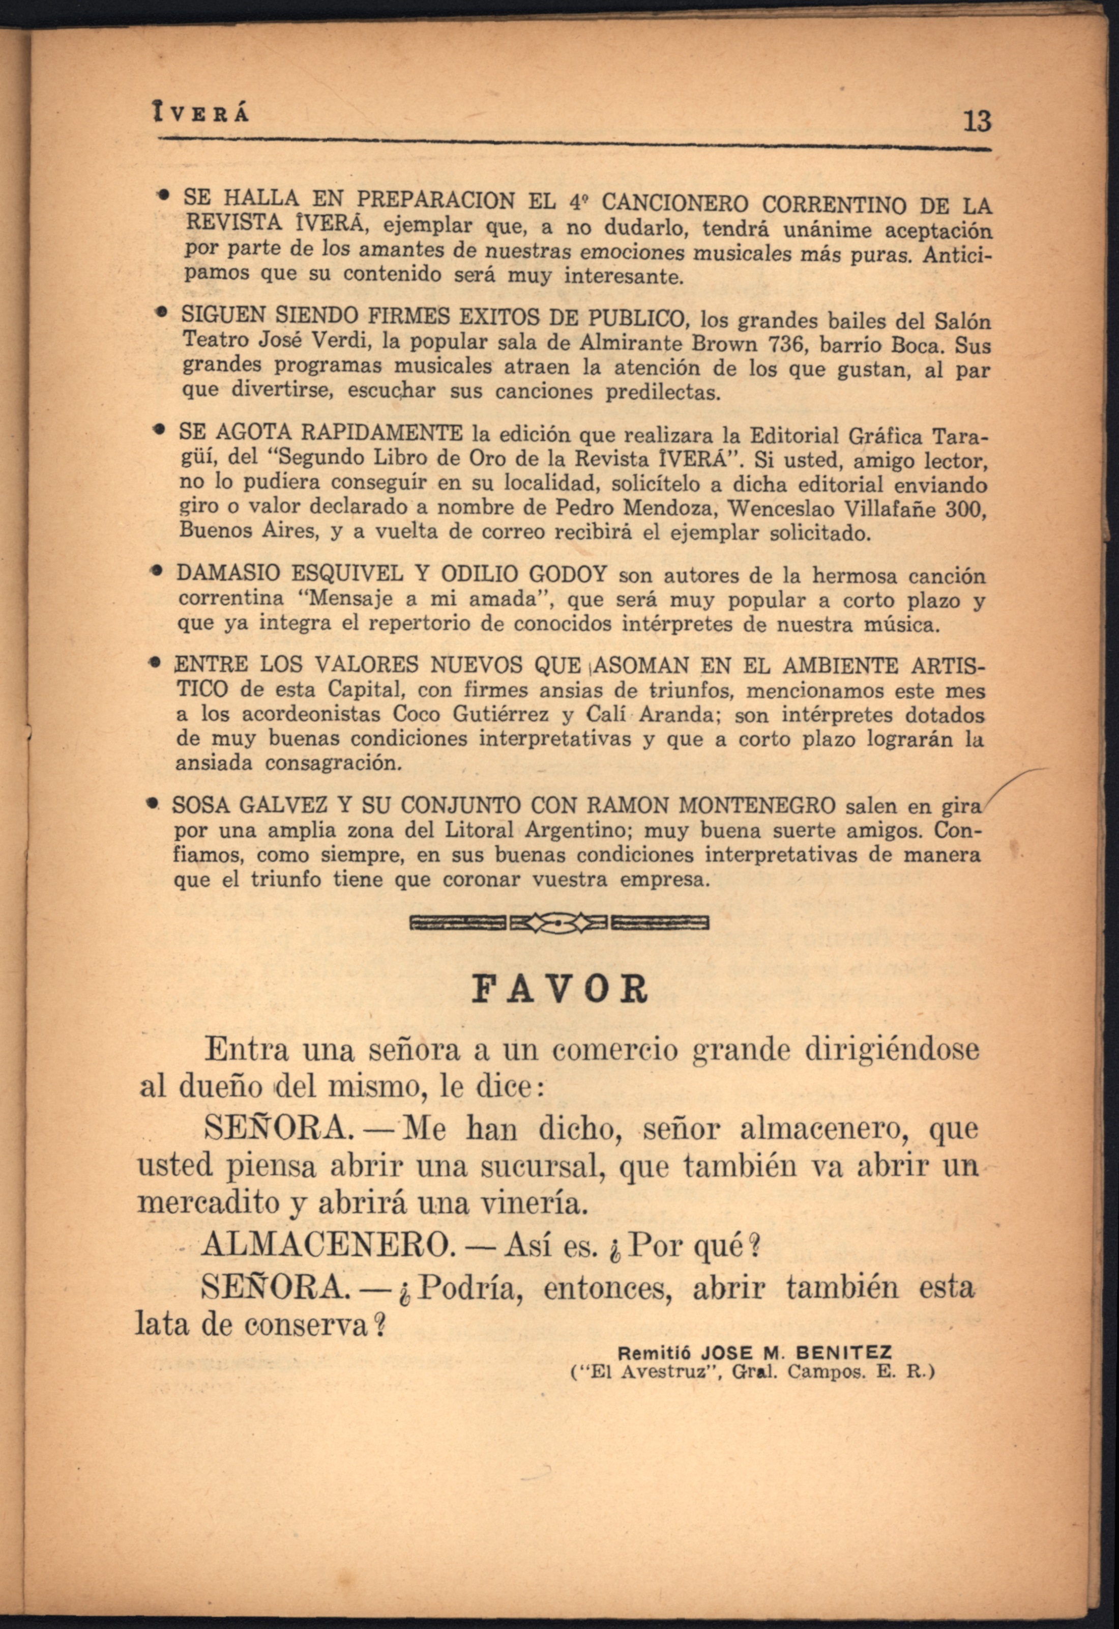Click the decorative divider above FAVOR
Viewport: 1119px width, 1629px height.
pyautogui.click(x=558, y=923)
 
